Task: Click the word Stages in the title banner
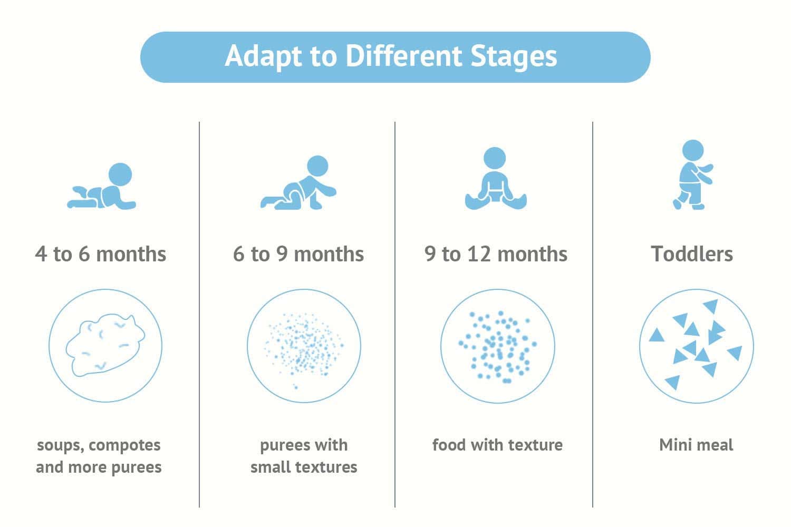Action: [514, 57]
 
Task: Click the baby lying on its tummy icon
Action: [102, 186]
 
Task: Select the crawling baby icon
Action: [298, 182]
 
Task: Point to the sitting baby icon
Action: [496, 179]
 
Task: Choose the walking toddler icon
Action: [693, 175]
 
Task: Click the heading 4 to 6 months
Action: [101, 254]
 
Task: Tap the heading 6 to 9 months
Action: [298, 254]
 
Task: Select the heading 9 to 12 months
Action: [496, 254]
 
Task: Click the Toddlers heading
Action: [692, 254]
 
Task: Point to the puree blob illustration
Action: [105, 345]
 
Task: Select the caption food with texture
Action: [497, 445]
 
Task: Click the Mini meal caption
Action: [696, 445]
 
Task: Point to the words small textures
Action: [304, 467]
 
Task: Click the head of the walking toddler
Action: [693, 150]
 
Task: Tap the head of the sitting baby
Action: [495, 158]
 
